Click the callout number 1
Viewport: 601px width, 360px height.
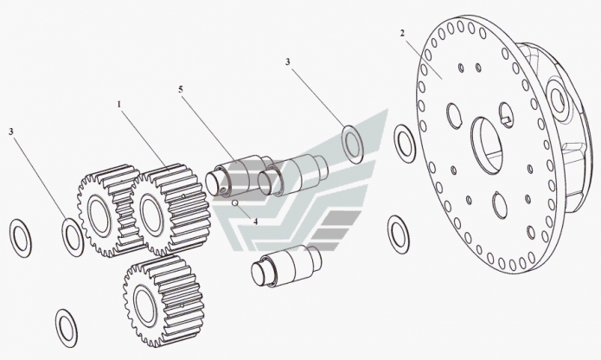119,104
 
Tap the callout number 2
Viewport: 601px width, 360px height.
402,34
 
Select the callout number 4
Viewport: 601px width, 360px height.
255,222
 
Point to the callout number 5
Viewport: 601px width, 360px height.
181,89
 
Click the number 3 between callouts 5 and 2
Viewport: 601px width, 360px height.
288,61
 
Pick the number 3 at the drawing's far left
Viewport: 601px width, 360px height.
11,132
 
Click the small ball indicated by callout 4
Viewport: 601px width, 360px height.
235,202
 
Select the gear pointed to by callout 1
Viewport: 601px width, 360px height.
171,209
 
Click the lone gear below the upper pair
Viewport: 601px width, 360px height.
163,302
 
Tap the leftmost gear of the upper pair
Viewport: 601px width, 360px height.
109,211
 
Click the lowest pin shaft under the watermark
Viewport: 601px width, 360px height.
286,267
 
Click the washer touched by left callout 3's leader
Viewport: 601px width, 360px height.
73,237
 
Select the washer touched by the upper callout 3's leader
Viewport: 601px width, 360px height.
353,145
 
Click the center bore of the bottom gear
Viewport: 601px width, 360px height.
144,305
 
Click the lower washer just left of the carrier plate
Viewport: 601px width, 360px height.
399,235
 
